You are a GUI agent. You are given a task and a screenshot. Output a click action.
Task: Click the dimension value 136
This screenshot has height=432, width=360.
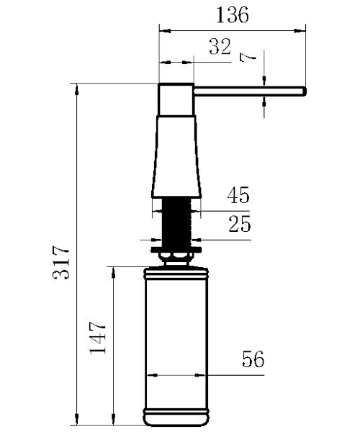pyautogui.click(x=233, y=14)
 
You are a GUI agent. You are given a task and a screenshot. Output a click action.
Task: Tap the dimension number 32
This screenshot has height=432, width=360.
pyautogui.click(x=220, y=46)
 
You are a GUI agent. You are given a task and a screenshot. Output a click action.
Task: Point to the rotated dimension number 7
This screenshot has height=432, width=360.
pyautogui.click(x=248, y=58)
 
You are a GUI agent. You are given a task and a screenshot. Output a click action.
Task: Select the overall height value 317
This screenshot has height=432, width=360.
pyautogui.click(x=61, y=262)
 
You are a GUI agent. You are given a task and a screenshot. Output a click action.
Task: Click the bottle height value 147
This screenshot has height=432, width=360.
pyautogui.click(x=98, y=337)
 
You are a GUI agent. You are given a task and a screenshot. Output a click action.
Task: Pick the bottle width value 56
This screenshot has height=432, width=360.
pyautogui.click(x=253, y=359)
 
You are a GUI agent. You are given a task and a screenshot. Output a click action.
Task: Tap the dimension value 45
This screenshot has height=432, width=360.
pyautogui.click(x=238, y=195)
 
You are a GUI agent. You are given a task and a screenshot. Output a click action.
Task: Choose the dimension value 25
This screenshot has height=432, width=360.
pyautogui.click(x=240, y=223)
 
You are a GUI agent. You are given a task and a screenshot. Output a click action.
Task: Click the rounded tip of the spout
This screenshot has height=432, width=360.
pyautogui.click(x=305, y=91)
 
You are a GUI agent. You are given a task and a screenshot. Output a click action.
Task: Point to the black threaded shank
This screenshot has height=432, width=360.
pyautogui.click(x=176, y=222)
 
